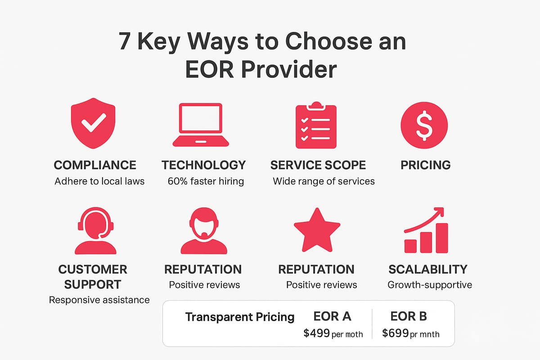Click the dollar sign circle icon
coord(424,125)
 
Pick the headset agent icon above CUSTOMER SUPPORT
coord(95,231)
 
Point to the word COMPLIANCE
coord(95,165)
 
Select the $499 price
coord(316,333)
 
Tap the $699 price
coord(396,333)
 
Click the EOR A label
coord(333,316)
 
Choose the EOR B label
coord(409,316)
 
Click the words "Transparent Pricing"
coord(240,317)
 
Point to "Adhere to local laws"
coord(99,181)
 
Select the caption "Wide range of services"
coord(324,181)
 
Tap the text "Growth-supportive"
coord(430,285)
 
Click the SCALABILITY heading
coord(428,270)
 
